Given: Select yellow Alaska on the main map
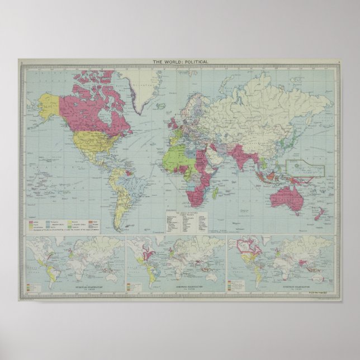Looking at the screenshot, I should click(49, 104).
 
